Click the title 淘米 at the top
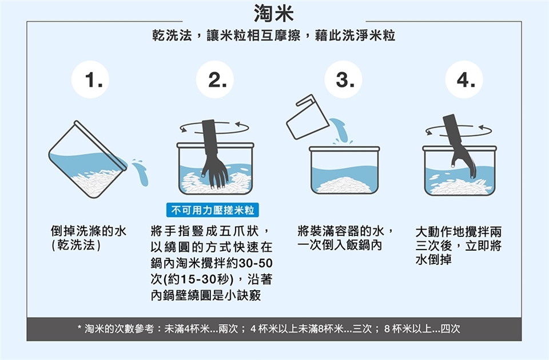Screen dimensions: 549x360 pyautogui.click(x=274, y=13)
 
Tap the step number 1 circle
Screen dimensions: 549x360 pyautogui.click(x=90, y=80)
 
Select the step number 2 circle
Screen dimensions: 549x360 pyautogui.click(x=214, y=80)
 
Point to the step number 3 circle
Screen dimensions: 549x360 pyautogui.click(x=343, y=80)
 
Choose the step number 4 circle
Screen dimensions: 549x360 pyautogui.click(x=464, y=80)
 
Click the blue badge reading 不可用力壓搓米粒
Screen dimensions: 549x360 pyautogui.click(x=213, y=210)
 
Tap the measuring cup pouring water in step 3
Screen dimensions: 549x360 pyautogui.click(x=308, y=117)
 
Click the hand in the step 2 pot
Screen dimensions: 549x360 pyautogui.click(x=213, y=154)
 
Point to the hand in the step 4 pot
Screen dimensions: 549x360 pyautogui.click(x=459, y=145)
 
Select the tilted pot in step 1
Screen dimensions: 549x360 pyautogui.click(x=87, y=160)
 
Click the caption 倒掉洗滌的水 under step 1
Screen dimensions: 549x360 pyautogui.click(x=89, y=231)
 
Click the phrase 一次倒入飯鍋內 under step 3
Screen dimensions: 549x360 pyautogui.click(x=339, y=245)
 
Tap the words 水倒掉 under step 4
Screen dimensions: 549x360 pyautogui.click(x=433, y=259)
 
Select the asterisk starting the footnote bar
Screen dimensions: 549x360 pyautogui.click(x=79, y=328)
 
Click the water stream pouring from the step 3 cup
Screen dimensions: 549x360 pyautogui.click(x=339, y=130)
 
